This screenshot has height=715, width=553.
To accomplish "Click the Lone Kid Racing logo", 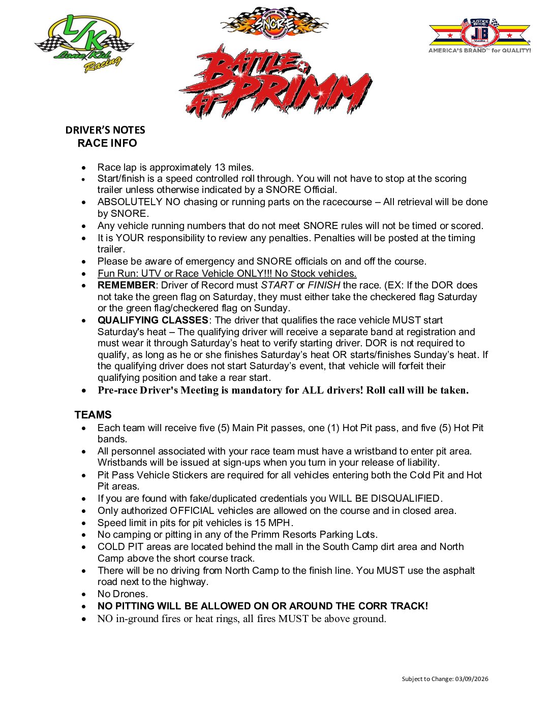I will (x=84, y=43).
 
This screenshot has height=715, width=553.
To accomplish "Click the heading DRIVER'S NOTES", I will (x=105, y=130).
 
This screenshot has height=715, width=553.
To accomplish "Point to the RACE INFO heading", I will (x=107, y=143).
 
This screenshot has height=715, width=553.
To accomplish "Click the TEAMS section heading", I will (x=93, y=415).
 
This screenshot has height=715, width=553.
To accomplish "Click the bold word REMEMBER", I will (x=126, y=285).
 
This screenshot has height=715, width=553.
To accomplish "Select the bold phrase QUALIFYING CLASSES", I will (x=152, y=320).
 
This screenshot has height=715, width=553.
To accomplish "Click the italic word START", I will (x=277, y=285).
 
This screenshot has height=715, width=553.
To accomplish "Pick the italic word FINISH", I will (x=324, y=285).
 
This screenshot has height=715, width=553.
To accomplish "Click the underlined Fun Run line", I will (x=227, y=274).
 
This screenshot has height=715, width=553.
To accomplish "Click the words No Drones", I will (x=122, y=594).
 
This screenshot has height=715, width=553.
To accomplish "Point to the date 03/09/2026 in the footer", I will (x=472, y=679).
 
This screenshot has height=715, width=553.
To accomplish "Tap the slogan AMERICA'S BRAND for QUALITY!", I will (x=479, y=51).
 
